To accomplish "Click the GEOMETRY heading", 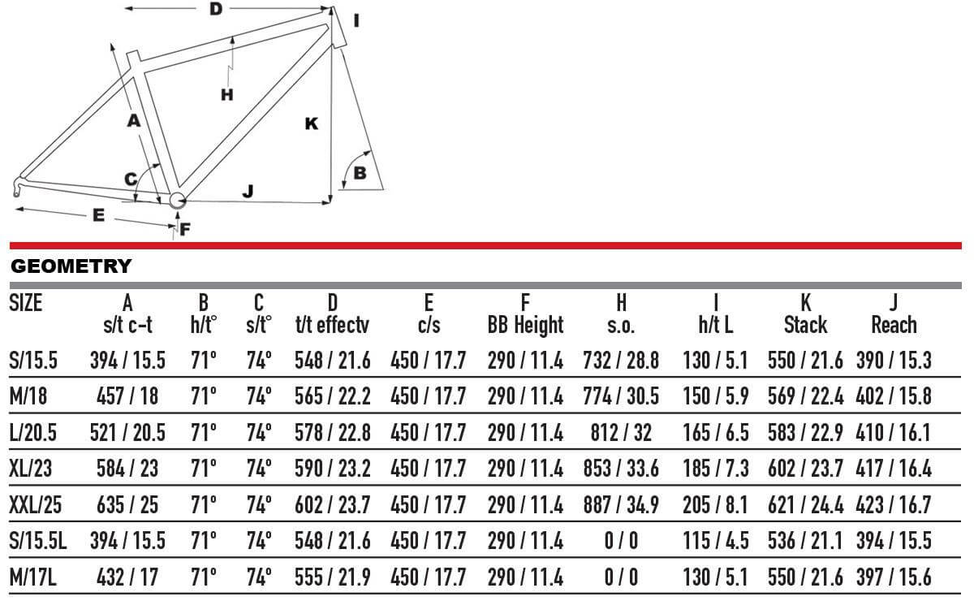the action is coord(71,266).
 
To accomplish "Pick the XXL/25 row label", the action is coord(35,505).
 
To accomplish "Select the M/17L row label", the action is coord(33,577).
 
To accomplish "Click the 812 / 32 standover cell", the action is coord(621,433).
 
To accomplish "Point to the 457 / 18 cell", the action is coord(127,396).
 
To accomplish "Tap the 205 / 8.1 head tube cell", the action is coord(715,505).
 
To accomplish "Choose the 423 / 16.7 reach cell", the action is coord(894,505).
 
